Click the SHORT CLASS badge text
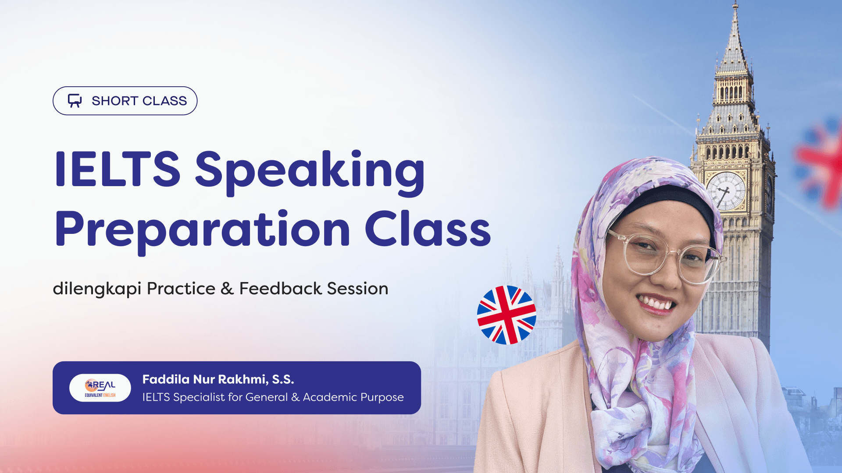click(x=139, y=101)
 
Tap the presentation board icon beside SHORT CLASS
click(x=75, y=101)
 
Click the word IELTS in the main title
click(x=118, y=169)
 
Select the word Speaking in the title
click(x=310, y=172)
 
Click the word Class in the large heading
click(x=428, y=229)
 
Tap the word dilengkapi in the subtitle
click(x=97, y=289)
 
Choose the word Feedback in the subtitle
click(x=281, y=289)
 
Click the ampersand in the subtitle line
click(x=227, y=289)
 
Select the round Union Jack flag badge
click(x=507, y=315)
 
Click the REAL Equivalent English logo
click(x=100, y=388)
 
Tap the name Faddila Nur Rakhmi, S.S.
click(x=218, y=379)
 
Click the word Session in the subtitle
click(x=357, y=289)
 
